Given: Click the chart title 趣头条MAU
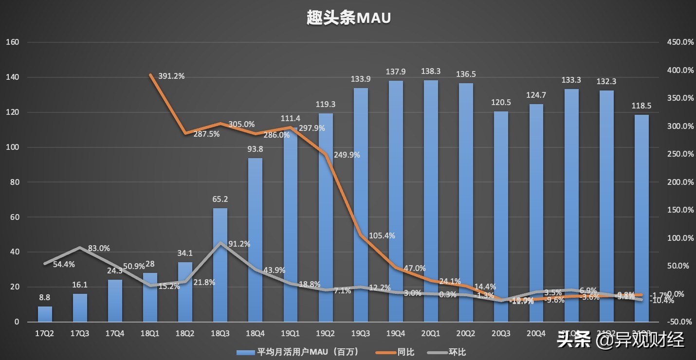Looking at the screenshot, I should [349, 18].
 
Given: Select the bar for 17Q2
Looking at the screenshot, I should [45, 314].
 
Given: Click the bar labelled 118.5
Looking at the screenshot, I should [641, 219].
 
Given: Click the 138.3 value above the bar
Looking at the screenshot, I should [431, 71].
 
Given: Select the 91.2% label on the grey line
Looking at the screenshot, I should [239, 244].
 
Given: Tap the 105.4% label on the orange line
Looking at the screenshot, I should [382, 235].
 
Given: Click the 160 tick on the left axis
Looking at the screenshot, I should [12, 42].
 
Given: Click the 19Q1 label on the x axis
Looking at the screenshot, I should [290, 333].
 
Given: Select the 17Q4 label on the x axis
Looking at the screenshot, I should [115, 333].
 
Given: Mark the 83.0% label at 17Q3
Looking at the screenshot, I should [99, 248].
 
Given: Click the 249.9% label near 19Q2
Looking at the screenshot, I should [347, 155].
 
